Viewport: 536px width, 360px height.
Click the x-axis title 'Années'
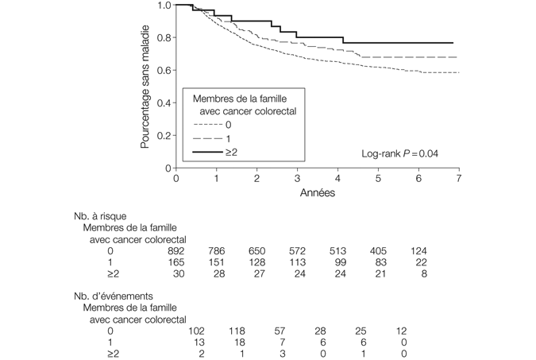(317, 193)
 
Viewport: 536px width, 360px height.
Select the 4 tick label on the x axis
(337, 179)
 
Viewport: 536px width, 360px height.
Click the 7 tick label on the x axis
(459, 179)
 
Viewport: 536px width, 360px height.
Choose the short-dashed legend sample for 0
(208, 125)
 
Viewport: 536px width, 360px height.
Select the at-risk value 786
(216, 250)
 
